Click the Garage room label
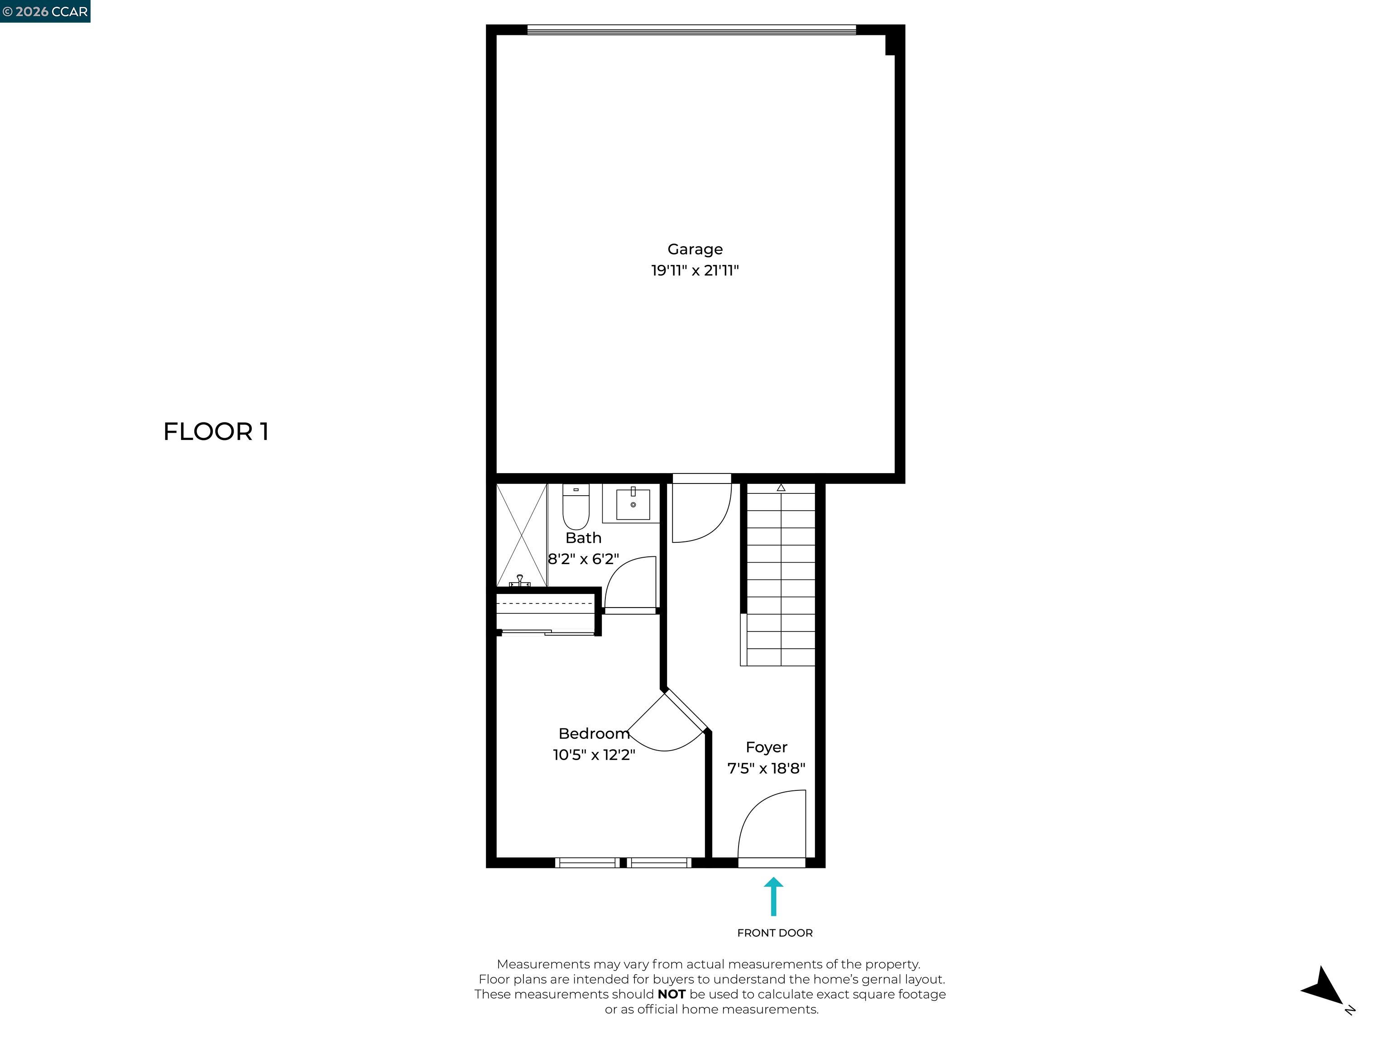pyautogui.click(x=695, y=249)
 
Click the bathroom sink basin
pyautogui.click(x=633, y=504)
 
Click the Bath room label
pyautogui.click(x=583, y=538)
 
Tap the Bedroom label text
pyautogui.click(x=594, y=734)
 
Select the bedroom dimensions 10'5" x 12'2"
pyautogui.click(x=594, y=755)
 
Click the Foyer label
pyautogui.click(x=766, y=747)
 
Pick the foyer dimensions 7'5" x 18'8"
pyautogui.click(x=766, y=768)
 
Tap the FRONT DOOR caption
pyautogui.click(x=775, y=933)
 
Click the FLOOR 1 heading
pyautogui.click(x=216, y=432)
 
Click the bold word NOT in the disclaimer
pyautogui.click(x=671, y=995)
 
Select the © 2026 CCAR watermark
pyautogui.click(x=45, y=11)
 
